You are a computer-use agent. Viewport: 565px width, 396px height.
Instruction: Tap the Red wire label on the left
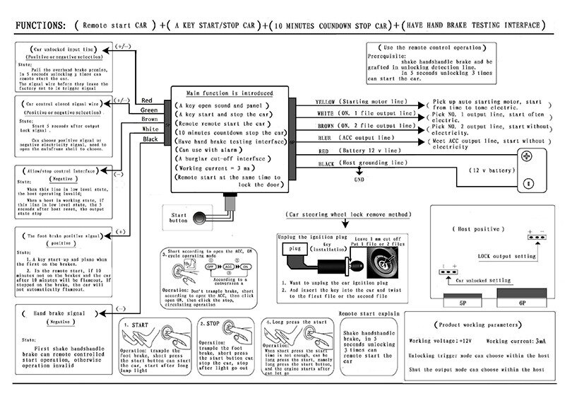[148, 100]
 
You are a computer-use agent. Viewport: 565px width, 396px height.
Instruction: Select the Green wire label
[149, 110]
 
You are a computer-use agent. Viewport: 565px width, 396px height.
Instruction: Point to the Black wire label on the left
[150, 140]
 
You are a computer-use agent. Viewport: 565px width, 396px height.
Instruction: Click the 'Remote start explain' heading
[369, 312]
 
